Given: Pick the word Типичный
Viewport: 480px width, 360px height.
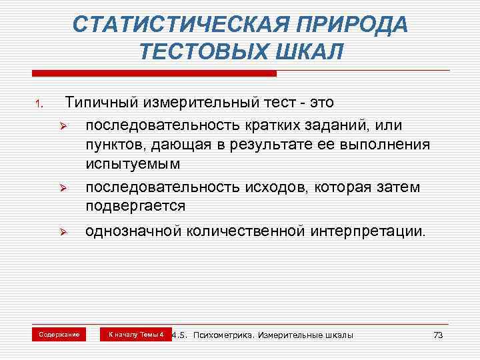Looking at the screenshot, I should (101, 103).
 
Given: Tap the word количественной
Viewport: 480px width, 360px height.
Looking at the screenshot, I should (246, 232).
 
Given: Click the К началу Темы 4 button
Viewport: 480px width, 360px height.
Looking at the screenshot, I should (136, 334).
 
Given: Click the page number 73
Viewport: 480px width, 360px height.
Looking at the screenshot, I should (437, 335).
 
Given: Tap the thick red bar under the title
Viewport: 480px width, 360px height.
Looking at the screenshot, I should (154, 71).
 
